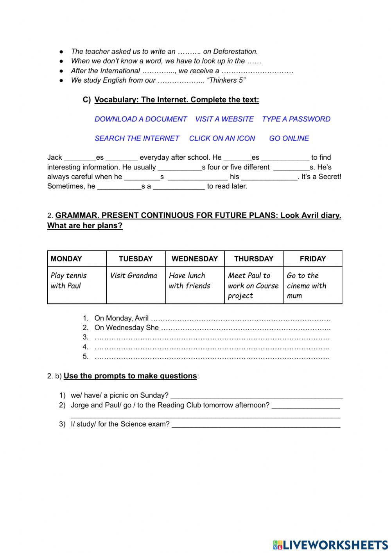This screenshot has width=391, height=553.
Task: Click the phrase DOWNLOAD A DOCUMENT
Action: (x=141, y=119)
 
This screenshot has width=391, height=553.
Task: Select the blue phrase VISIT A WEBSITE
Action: (x=224, y=119)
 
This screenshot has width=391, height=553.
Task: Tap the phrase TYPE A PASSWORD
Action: (x=296, y=119)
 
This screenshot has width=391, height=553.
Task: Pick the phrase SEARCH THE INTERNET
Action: (x=137, y=138)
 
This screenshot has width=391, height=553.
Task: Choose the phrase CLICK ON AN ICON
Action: (x=222, y=138)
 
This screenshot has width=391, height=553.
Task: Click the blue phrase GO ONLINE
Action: (x=289, y=138)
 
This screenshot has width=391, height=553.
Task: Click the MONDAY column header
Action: (x=66, y=259)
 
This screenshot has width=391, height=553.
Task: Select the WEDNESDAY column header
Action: (x=195, y=259)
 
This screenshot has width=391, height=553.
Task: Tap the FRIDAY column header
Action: (x=312, y=259)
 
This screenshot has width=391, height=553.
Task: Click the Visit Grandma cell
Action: (x=133, y=276)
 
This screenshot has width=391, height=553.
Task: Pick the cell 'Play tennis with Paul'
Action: (x=69, y=281)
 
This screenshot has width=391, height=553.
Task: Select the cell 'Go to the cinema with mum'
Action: (x=307, y=286)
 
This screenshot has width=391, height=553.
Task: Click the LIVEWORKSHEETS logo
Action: (x=330, y=544)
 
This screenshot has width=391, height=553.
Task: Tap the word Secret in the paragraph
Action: (x=329, y=177)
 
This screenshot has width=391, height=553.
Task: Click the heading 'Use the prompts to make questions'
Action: (x=130, y=376)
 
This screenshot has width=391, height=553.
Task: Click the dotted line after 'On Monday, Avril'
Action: (x=240, y=319)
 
